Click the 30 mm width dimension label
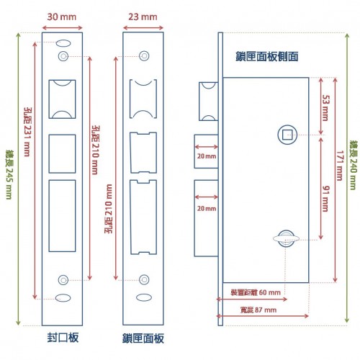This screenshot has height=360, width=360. pos(62,17)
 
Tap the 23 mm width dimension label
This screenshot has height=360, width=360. pos(143,17)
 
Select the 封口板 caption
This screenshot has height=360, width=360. pos(63,338)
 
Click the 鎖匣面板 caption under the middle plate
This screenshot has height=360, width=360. pos(143,338)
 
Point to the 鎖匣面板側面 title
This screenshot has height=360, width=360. pos(267,57)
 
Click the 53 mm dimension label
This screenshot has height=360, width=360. pos(325,108)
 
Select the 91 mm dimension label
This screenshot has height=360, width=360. pos(325,199)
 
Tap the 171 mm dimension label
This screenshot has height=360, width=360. pos(339,166)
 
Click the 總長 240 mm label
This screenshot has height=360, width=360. pos(353,165)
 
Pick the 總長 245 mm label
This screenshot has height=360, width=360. pos(9,175)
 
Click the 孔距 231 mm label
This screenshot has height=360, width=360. pos(27,132)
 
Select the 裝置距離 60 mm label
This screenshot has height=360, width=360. pos(256,292)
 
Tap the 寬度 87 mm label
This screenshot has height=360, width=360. pos(258,310)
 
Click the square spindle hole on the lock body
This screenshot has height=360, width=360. pos(287,135)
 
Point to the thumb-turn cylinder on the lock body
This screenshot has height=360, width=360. pos(286,238)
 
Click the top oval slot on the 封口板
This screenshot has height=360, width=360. pos(63,43)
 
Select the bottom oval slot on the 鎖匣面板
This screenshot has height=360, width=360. pos(144,297)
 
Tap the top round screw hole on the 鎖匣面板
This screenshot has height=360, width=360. pos(144,56)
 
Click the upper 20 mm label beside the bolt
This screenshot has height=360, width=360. pos(207,156)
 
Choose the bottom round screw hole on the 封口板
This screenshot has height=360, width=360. pos(63,280)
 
